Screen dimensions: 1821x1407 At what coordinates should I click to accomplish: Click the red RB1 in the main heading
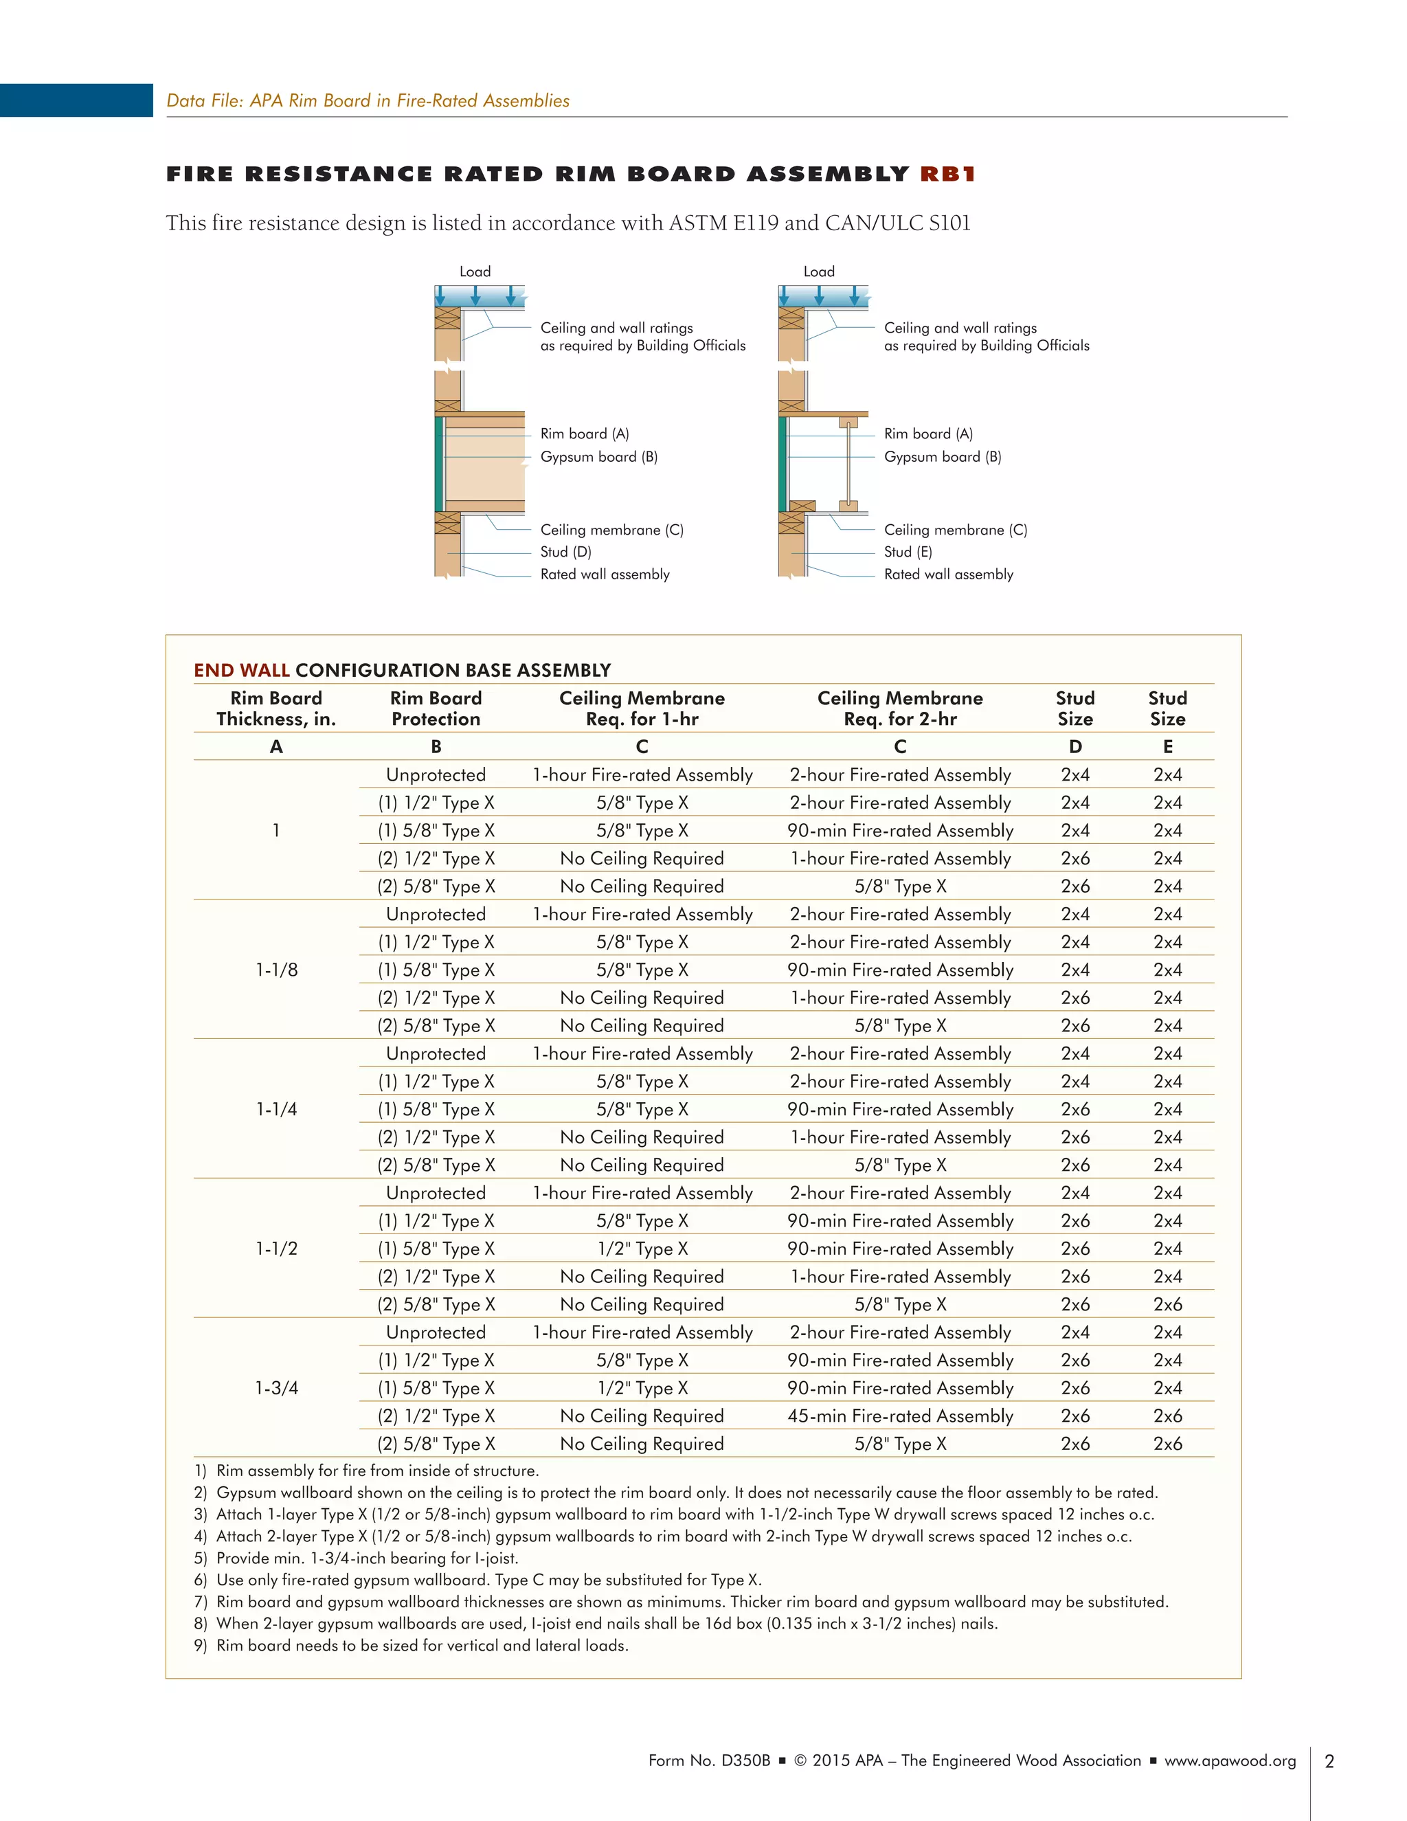947,175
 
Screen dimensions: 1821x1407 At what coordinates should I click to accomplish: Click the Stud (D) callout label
565,552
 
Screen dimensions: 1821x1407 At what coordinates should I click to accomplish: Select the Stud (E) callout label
908,552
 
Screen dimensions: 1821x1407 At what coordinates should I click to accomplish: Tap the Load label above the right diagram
818,272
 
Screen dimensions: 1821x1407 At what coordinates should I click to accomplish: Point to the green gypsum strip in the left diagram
438,465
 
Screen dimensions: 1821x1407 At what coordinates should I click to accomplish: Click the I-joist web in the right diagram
848,465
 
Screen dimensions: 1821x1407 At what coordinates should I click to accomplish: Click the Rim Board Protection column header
436,708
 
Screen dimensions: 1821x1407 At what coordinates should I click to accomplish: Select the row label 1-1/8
276,970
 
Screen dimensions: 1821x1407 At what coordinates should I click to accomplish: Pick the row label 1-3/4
276,1388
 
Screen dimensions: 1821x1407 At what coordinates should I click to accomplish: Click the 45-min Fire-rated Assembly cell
900,1416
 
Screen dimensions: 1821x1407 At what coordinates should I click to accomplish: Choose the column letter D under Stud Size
1075,747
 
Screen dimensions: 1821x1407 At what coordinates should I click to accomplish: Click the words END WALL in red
241,671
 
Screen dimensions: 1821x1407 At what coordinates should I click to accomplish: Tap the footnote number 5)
200,1559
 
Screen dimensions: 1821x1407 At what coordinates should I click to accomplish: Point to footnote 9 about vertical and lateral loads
422,1646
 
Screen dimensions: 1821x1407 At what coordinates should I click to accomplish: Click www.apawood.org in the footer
1230,1761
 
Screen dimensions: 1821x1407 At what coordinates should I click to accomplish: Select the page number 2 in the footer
1329,1762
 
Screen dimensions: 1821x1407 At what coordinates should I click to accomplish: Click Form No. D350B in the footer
708,1761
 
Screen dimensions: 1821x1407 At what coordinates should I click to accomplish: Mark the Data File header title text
368,101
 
